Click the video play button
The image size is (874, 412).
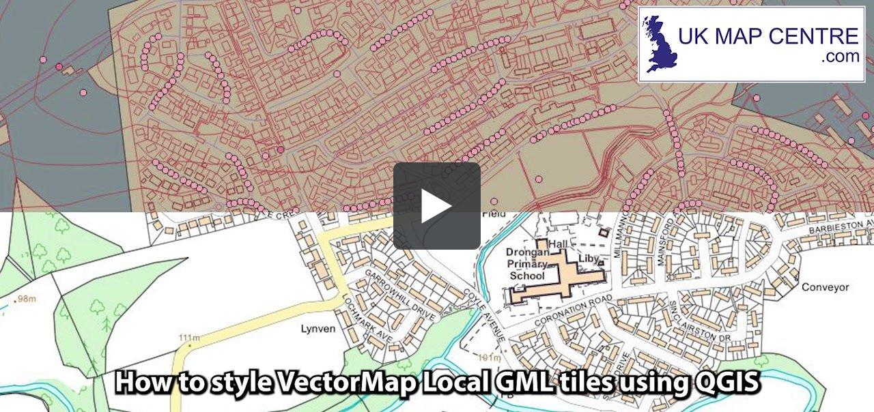click(437, 205)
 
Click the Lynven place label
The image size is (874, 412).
click(318, 329)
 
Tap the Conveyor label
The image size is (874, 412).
click(823, 287)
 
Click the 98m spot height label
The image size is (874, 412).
click(26, 299)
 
